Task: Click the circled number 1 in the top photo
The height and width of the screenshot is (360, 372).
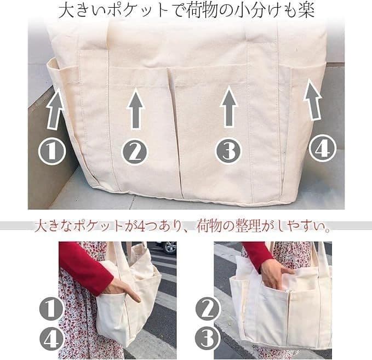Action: (x=52, y=151)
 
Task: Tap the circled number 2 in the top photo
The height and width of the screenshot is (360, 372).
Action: (x=135, y=152)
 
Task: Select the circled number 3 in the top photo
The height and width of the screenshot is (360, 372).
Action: (x=228, y=151)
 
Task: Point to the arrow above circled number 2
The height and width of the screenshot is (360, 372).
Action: (x=136, y=108)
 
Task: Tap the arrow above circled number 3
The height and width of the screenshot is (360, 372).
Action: (x=228, y=106)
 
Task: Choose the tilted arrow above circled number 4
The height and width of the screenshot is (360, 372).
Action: (x=313, y=100)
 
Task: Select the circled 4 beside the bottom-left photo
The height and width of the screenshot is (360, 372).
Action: (x=51, y=340)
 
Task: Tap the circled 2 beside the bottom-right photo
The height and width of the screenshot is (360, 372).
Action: (x=208, y=308)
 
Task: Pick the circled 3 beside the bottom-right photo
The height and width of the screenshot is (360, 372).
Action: (x=208, y=338)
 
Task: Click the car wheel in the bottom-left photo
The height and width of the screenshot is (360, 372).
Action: (x=170, y=247)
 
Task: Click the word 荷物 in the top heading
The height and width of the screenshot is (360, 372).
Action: (x=202, y=10)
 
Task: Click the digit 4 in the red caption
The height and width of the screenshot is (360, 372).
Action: (x=141, y=227)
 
